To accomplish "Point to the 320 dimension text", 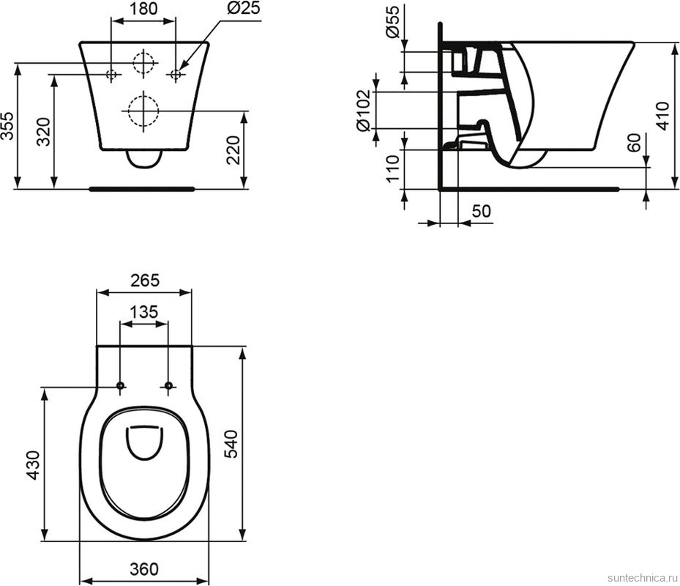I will click(x=43, y=131).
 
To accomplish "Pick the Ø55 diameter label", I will click(x=392, y=26).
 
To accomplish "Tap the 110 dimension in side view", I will click(x=392, y=168).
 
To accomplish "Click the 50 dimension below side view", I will click(x=481, y=212).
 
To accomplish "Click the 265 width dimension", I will click(x=144, y=280).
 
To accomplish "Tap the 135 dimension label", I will click(x=144, y=311).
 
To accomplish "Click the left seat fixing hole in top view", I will click(x=120, y=386).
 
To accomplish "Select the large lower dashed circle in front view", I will click(x=143, y=111).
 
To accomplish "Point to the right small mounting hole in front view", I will click(x=176, y=74).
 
